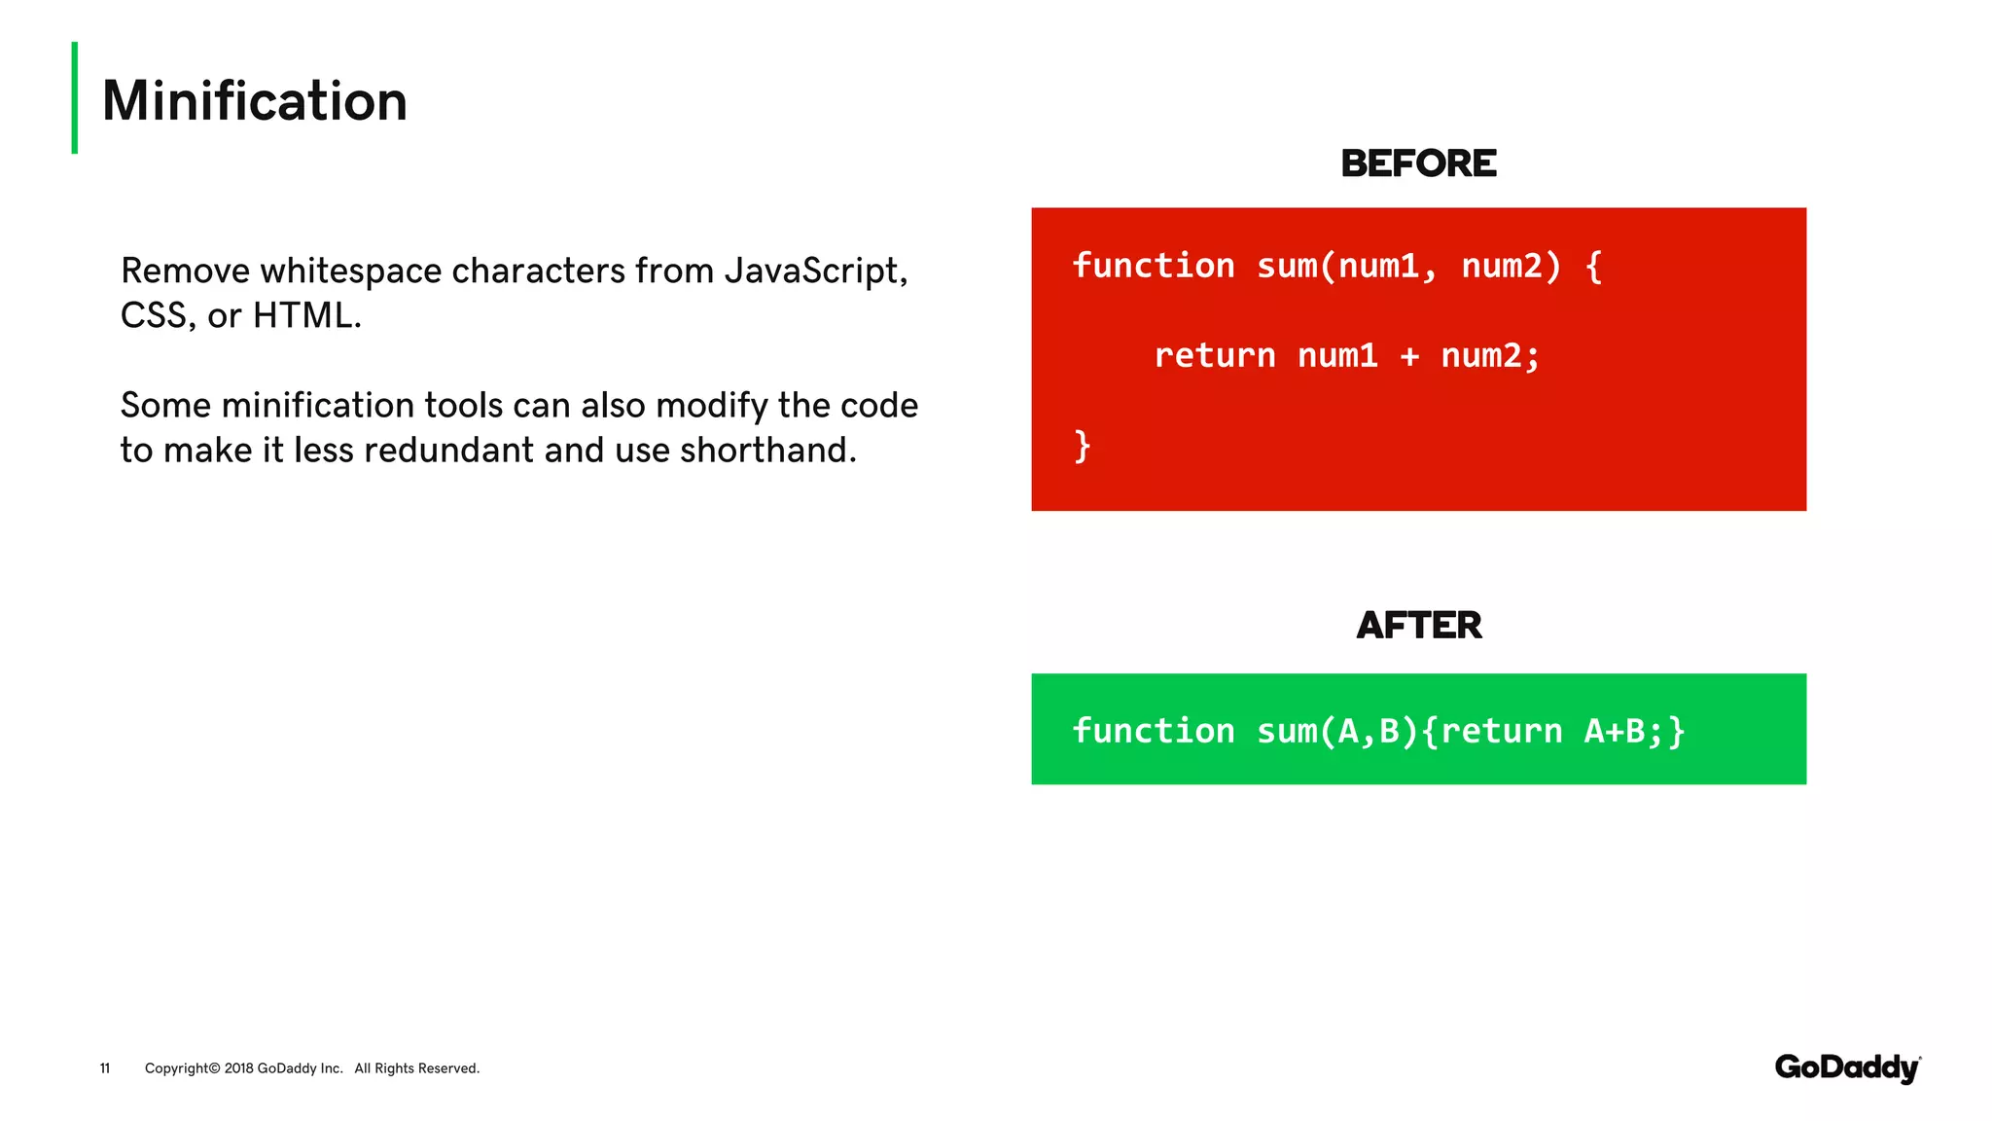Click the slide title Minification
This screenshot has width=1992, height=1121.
click(x=255, y=101)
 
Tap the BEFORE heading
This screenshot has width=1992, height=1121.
click(x=1418, y=163)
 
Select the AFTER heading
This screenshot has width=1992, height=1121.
click(x=1419, y=626)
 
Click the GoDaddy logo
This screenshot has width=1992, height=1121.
click(x=1847, y=1067)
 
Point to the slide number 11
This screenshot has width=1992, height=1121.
click(x=105, y=1068)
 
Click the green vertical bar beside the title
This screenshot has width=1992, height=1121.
click(x=75, y=97)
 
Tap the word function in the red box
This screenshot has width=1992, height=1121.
click(x=1154, y=266)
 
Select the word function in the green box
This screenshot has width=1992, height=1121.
click(x=1154, y=731)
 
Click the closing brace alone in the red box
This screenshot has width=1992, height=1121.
click(x=1082, y=447)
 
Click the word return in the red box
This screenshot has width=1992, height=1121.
click(x=1215, y=356)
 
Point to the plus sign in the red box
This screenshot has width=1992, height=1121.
click(x=1409, y=357)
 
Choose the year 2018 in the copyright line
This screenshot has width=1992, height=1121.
click(x=238, y=1068)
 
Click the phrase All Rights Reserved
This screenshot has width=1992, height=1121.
click(x=417, y=1068)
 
